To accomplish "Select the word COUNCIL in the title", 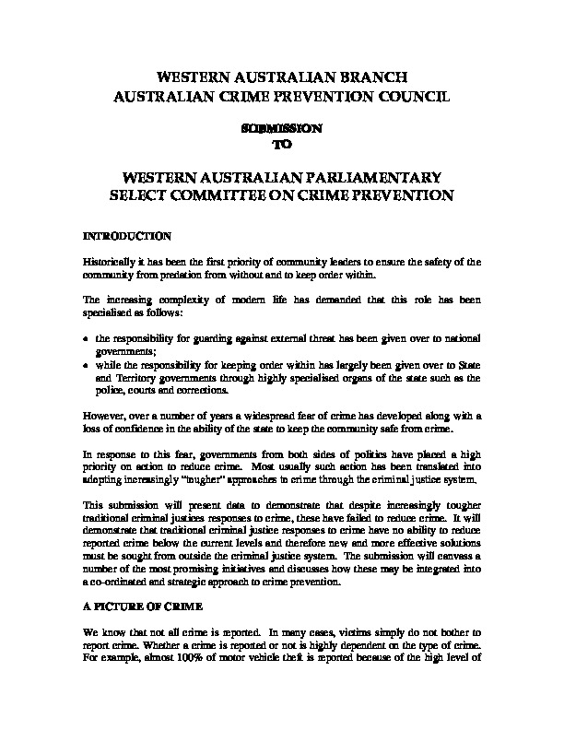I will coord(405,95).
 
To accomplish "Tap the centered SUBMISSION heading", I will coord(281,129).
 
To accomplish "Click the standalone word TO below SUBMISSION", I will coord(282,145).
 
